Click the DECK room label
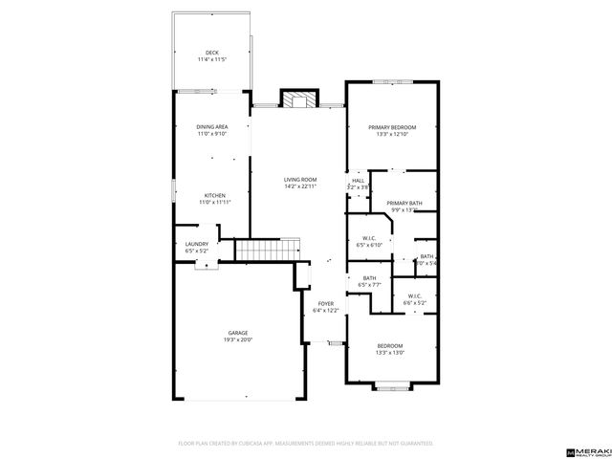point(211,53)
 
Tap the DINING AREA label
point(211,127)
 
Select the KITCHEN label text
point(213,195)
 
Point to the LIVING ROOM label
point(299,180)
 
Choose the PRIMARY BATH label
point(404,204)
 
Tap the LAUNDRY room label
point(196,245)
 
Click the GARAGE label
point(237,333)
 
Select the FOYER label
point(324,304)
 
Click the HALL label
point(358,180)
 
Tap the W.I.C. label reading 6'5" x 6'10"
point(368,239)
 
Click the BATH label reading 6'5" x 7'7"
point(368,278)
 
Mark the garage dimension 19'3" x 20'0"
point(237,339)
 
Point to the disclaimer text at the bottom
point(306,444)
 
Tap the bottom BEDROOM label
point(389,345)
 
